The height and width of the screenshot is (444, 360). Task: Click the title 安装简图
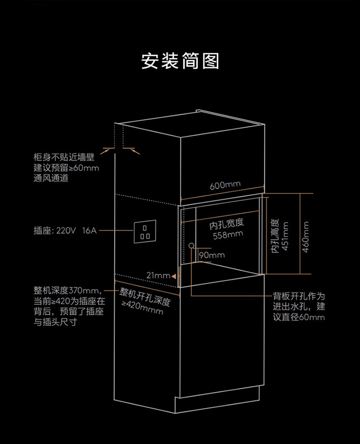tap(180, 62)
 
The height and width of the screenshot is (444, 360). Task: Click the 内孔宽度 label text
tap(227, 224)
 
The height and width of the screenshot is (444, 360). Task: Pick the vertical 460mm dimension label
tap(306, 236)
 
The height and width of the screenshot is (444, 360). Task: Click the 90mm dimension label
tap(212, 255)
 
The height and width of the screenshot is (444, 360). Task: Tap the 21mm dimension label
tap(159, 275)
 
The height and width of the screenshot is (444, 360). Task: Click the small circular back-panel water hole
tap(192, 246)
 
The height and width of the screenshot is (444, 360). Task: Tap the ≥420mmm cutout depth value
tap(143, 308)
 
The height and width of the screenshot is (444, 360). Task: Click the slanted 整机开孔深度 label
tap(145, 297)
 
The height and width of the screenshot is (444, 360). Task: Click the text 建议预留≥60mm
tap(66, 168)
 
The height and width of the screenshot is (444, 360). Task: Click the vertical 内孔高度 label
tap(275, 236)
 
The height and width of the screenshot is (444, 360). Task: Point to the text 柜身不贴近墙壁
tap(64, 157)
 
